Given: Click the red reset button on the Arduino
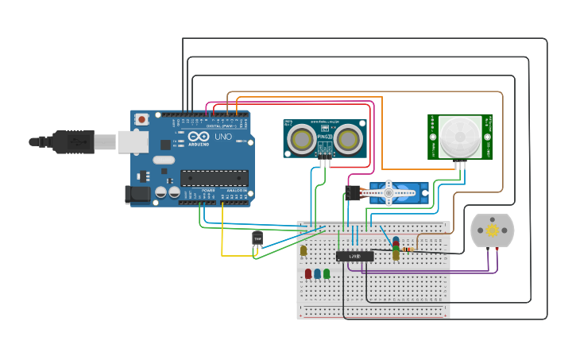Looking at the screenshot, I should click(x=141, y=120).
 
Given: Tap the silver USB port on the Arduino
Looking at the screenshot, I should click(x=133, y=141).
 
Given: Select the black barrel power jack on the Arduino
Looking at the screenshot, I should click(x=138, y=193).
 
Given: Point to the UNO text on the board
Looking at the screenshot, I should click(x=223, y=137).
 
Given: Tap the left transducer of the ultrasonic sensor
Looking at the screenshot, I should click(x=301, y=139).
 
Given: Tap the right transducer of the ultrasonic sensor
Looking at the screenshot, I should click(x=348, y=139).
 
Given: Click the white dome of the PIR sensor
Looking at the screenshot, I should click(x=461, y=136).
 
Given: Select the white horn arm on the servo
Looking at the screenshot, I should click(x=388, y=192).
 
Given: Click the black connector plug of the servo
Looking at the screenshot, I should click(x=353, y=192).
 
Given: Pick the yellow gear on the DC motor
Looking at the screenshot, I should click(x=492, y=230).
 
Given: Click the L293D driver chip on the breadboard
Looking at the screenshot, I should click(x=354, y=256).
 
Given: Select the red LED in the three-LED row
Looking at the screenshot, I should click(x=308, y=273).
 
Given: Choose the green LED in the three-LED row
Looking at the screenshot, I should click(x=327, y=273).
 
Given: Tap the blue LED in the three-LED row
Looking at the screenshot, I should click(x=317, y=273).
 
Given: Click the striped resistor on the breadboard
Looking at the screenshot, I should click(x=408, y=249).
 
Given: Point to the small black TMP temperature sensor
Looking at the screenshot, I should click(x=257, y=238).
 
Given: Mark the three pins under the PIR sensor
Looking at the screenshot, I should click(x=460, y=165).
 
